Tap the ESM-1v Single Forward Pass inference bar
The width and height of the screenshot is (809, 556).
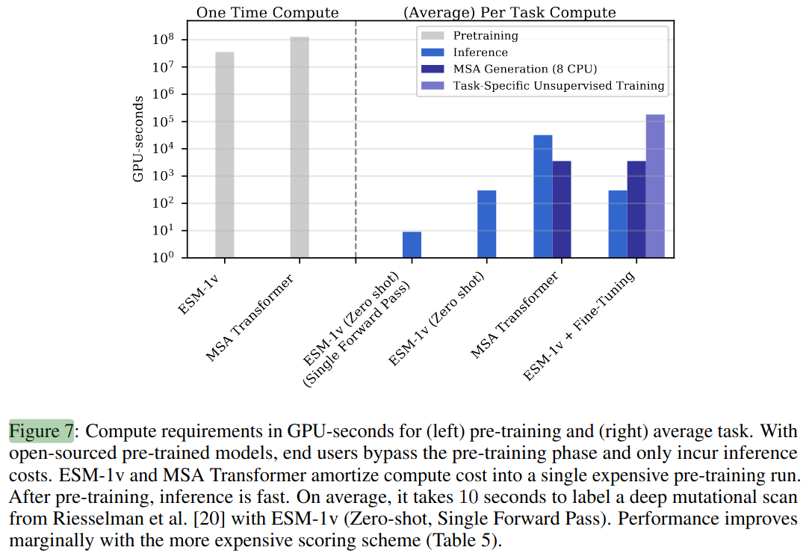coord(412,245)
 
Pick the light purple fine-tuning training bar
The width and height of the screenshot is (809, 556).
coord(655,186)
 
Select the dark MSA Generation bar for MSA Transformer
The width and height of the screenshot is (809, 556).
coord(562,209)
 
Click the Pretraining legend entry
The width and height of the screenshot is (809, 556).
coord(485,36)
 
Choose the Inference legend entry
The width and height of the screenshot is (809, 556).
coord(480,52)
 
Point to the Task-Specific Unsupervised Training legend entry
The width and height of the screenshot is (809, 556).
coord(558,86)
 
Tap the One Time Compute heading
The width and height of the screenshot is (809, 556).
coord(267,13)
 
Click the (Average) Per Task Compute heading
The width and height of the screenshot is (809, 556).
coord(509,13)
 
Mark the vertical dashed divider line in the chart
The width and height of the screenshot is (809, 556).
coord(356,142)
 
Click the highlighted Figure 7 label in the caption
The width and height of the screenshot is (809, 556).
coord(41,432)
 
